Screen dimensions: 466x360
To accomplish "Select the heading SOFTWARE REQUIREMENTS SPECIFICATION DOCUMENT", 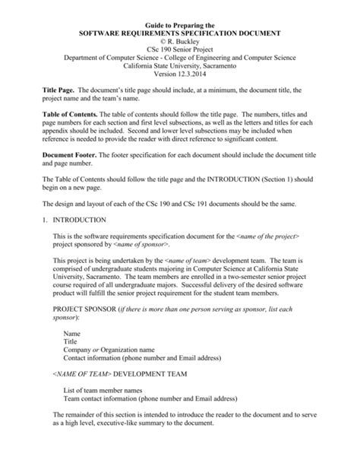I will tap(180, 34).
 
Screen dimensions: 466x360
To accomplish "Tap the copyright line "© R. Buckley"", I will tap(180, 44).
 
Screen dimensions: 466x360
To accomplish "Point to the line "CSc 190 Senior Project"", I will tap(180, 54).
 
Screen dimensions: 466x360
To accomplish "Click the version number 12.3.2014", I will tap(199, 84).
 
